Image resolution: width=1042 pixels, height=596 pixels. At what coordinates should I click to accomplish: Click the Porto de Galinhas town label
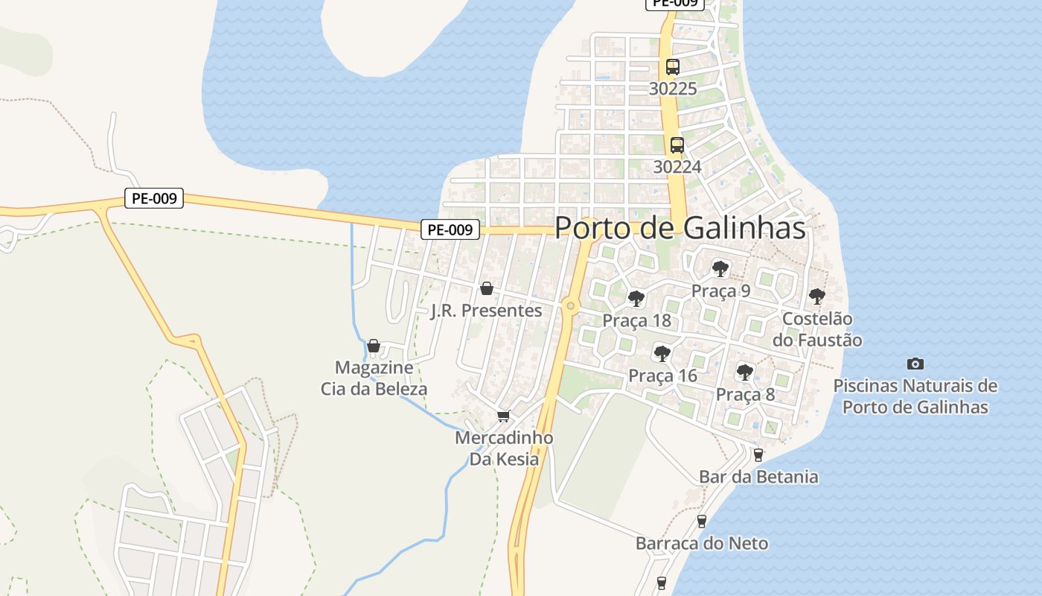pos(680,228)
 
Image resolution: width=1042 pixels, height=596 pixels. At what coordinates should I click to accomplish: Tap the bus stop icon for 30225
pos(673,66)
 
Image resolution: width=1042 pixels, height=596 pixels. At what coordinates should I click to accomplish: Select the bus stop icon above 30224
pos(677,145)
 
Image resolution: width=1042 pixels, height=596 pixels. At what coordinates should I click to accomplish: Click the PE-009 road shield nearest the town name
pos(450,229)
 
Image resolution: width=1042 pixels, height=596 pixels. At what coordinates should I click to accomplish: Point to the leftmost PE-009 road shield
pos(153,198)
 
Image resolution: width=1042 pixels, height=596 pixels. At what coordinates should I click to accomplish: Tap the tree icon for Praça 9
pos(720,268)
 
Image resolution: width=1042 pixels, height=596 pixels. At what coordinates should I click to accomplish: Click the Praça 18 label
pos(636,321)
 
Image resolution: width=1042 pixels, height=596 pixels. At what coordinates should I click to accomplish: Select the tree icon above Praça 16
pos(662,353)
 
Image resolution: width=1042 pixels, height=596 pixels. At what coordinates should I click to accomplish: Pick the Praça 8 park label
pos(745,395)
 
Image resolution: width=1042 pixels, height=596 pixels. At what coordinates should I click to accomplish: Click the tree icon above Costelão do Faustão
pos(816,296)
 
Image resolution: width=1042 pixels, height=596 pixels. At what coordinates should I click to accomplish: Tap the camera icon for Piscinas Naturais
pos(915,364)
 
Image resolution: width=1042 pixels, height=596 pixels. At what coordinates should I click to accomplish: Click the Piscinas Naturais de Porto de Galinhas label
pos(915,396)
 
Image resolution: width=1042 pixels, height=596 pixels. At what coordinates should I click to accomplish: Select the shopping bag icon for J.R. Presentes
pos(487,288)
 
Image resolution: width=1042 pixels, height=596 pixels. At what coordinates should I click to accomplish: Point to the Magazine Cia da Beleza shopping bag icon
pos(374,346)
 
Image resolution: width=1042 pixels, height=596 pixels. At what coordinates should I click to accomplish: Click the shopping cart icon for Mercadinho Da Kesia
pos(504,416)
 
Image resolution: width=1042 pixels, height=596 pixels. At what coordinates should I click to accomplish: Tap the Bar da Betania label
pos(758,477)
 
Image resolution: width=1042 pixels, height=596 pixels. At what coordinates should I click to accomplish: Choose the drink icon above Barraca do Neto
pos(701,521)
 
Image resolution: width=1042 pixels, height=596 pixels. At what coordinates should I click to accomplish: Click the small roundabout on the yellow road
pos(571,305)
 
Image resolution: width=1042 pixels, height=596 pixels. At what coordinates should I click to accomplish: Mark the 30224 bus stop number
pos(677,167)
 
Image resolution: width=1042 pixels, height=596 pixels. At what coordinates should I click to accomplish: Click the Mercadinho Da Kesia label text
pos(504,448)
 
